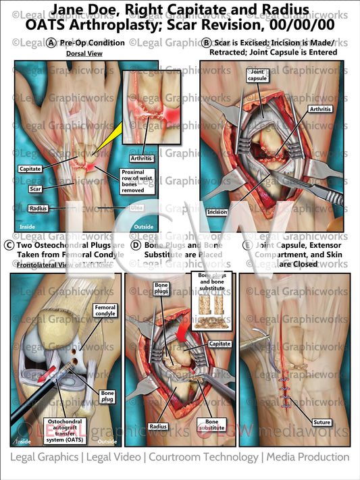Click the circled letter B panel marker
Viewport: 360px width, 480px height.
coord(206,43)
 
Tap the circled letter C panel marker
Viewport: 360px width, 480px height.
coord(7,245)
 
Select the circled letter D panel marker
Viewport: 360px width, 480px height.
coord(136,245)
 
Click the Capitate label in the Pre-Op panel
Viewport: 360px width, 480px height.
coord(30,169)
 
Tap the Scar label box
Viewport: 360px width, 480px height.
coord(35,189)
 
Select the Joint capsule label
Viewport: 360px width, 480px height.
coord(257,75)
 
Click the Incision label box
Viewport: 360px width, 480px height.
coord(217,211)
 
